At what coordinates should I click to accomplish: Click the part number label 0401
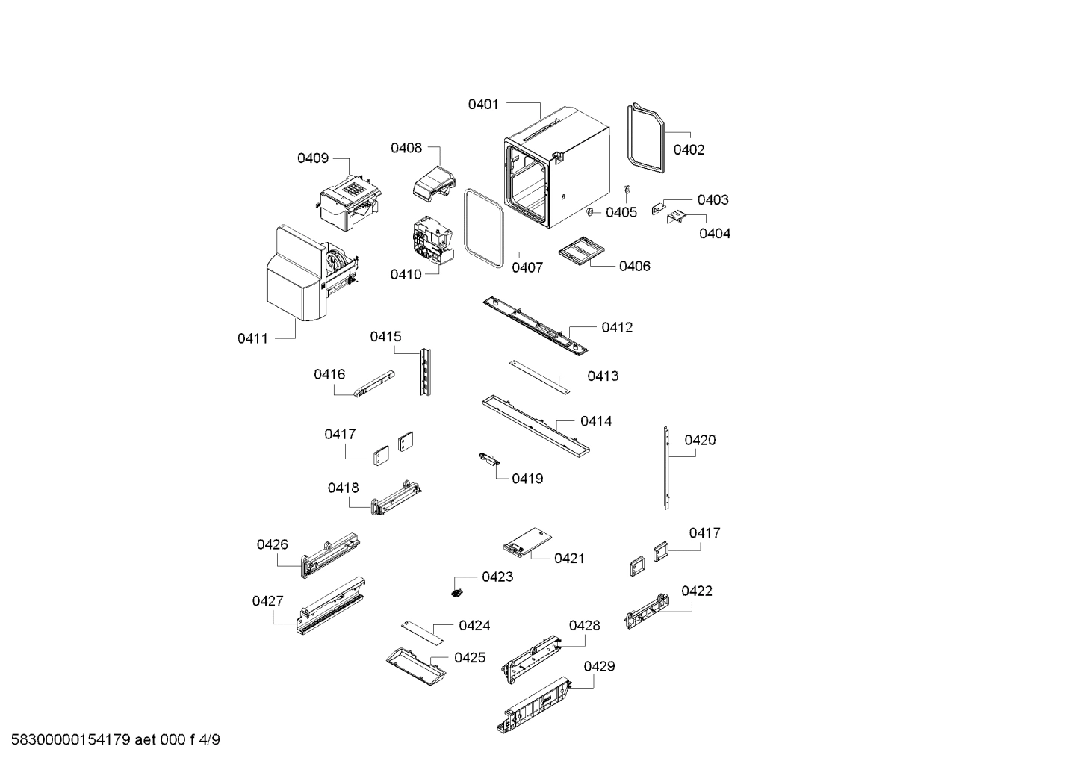tap(482, 105)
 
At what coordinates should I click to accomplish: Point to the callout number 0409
tap(312, 158)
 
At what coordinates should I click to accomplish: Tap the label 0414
tap(595, 421)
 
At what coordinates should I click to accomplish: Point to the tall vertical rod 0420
tap(665, 468)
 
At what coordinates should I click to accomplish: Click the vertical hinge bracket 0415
tap(425, 371)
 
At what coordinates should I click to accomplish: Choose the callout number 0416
tap(329, 374)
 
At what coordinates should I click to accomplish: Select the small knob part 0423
tap(457, 592)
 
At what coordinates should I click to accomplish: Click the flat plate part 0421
tap(527, 541)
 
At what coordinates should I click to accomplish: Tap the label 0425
tap(469, 657)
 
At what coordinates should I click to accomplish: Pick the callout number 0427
tap(267, 601)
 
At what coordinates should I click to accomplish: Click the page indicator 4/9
tap(210, 740)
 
